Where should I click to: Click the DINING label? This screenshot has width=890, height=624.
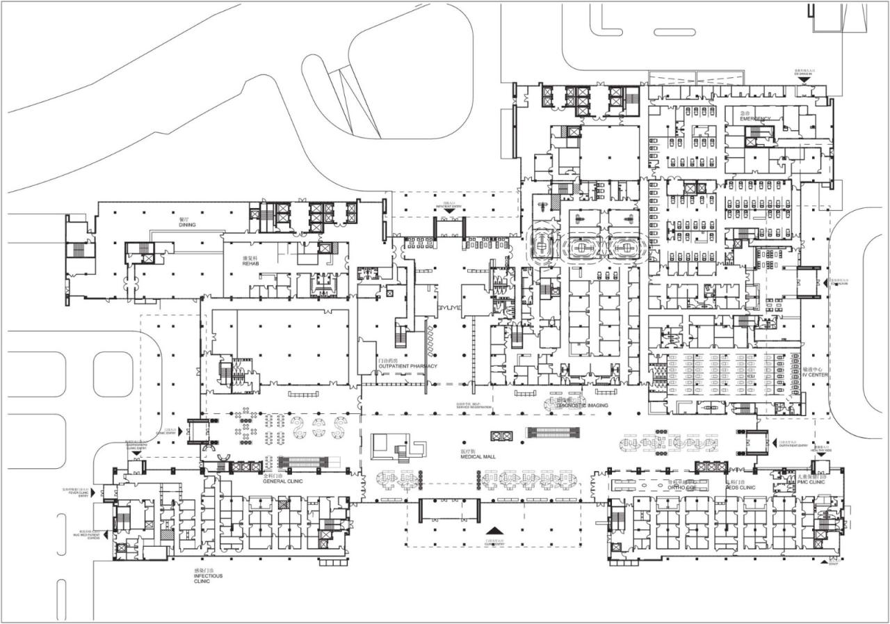click(187, 225)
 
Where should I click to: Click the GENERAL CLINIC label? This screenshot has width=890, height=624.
click(281, 481)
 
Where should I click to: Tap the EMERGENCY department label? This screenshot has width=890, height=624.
click(755, 118)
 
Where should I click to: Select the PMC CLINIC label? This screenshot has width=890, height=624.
click(811, 481)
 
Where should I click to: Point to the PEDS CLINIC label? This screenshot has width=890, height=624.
click(741, 487)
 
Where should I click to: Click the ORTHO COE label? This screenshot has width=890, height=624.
click(681, 487)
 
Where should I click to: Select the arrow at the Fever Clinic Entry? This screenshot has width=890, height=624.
click(104, 493)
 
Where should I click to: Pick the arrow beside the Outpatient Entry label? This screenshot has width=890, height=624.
click(775, 442)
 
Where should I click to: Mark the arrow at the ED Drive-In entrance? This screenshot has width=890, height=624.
click(804, 81)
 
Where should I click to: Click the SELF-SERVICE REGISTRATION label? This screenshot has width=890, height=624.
click(473, 406)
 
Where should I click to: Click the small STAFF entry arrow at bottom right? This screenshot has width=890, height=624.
click(833, 561)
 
